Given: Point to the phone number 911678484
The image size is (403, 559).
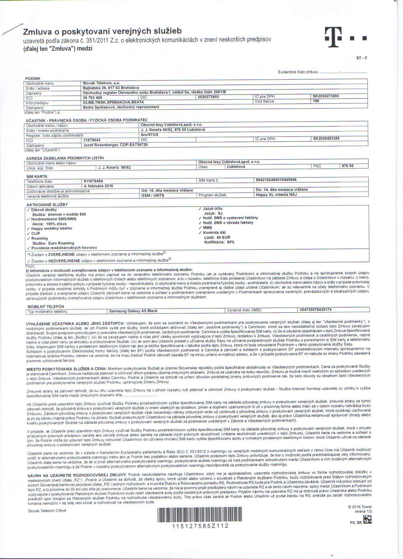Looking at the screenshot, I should pyautogui.click(x=93, y=181).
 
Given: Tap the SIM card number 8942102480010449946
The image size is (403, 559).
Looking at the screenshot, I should pyautogui.click(x=276, y=180).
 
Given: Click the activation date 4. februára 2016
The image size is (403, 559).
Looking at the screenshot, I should pyautogui.click(x=98, y=186).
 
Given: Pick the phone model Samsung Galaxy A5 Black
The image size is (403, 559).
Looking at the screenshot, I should pyautogui.click(x=133, y=311).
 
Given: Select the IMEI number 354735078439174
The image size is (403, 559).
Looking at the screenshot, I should pyautogui.click(x=316, y=309).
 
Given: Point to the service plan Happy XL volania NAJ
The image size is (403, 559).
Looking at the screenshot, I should pyautogui.click(x=276, y=194).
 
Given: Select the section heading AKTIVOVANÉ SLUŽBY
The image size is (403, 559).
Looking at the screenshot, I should pyautogui.click(x=47, y=205).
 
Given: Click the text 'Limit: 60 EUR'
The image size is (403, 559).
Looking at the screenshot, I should pyautogui.click(x=217, y=237).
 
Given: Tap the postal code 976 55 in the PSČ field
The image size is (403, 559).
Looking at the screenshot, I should pyautogui.click(x=348, y=166).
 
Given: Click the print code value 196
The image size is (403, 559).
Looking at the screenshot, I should pyautogui.click(x=316, y=101).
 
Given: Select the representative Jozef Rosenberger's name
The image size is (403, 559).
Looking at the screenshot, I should pyautogui.click(x=101, y=145).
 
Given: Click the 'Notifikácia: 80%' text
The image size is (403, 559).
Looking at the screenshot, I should pyautogui.click(x=219, y=242).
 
